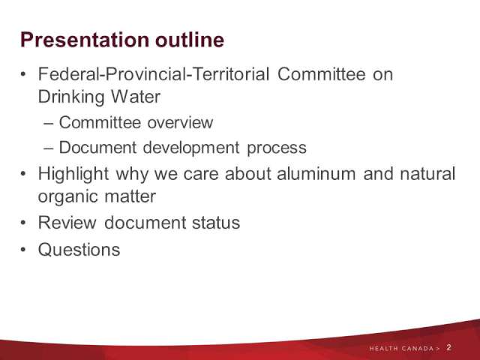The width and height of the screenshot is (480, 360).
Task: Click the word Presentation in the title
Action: (x=85, y=40)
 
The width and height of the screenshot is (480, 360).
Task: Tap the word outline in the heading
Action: (x=190, y=40)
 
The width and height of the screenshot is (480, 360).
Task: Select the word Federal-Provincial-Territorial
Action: (x=154, y=74)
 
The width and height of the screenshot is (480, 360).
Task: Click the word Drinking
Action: (x=71, y=97)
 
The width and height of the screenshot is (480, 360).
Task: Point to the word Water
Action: (x=136, y=97)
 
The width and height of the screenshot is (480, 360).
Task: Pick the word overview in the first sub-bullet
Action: (x=180, y=122)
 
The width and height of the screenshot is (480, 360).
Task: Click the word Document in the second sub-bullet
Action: (x=97, y=147)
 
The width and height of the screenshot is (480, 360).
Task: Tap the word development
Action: (x=191, y=148)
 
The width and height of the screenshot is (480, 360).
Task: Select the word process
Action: (x=277, y=148)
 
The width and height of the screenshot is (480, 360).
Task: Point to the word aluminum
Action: (x=316, y=173)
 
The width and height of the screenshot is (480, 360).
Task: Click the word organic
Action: (x=68, y=197)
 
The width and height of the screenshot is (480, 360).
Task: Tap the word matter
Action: (x=130, y=196)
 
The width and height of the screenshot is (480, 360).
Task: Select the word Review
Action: (x=67, y=222)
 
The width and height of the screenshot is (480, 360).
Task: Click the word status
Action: (x=216, y=223)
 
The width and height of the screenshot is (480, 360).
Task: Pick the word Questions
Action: (x=79, y=249)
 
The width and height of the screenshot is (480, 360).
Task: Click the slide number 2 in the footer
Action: (x=448, y=347)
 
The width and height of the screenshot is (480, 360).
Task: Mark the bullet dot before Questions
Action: (x=23, y=249)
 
